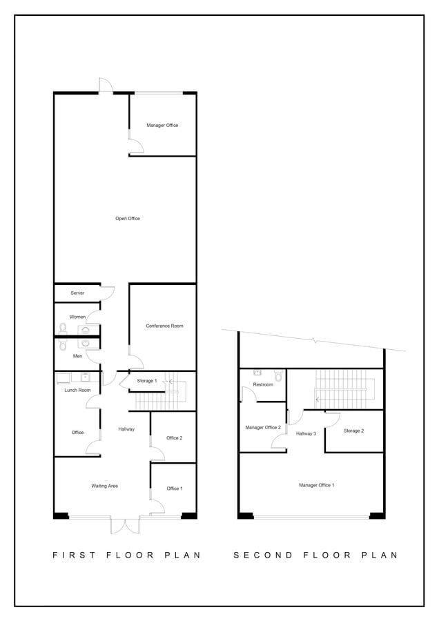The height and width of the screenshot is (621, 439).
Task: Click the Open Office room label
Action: (x=128, y=219)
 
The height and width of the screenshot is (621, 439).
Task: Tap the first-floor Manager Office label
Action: (x=162, y=126)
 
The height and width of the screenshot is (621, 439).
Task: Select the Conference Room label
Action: (x=164, y=326)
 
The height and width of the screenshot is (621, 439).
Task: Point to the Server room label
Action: (x=77, y=293)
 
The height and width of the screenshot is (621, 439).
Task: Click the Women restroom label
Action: (x=77, y=317)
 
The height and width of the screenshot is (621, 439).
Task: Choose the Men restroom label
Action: (x=77, y=356)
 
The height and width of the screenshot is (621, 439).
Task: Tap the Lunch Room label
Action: (x=77, y=391)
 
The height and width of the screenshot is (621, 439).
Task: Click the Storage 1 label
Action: (x=146, y=381)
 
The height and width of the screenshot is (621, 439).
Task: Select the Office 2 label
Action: (x=174, y=438)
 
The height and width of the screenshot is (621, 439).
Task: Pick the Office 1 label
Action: (x=174, y=489)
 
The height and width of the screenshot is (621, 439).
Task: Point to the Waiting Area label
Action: (x=104, y=486)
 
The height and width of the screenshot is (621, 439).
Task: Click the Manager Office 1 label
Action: (x=317, y=485)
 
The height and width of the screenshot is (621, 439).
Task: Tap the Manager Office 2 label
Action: (x=263, y=428)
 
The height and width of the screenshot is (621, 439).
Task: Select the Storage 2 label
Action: (x=353, y=431)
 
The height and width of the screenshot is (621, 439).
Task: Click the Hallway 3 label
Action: (x=306, y=433)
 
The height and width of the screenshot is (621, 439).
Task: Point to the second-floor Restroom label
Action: (x=263, y=384)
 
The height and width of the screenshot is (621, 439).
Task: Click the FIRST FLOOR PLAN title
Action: (x=126, y=555)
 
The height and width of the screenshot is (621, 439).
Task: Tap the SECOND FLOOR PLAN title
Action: (x=315, y=555)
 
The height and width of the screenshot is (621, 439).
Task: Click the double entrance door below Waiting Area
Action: (x=125, y=525)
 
